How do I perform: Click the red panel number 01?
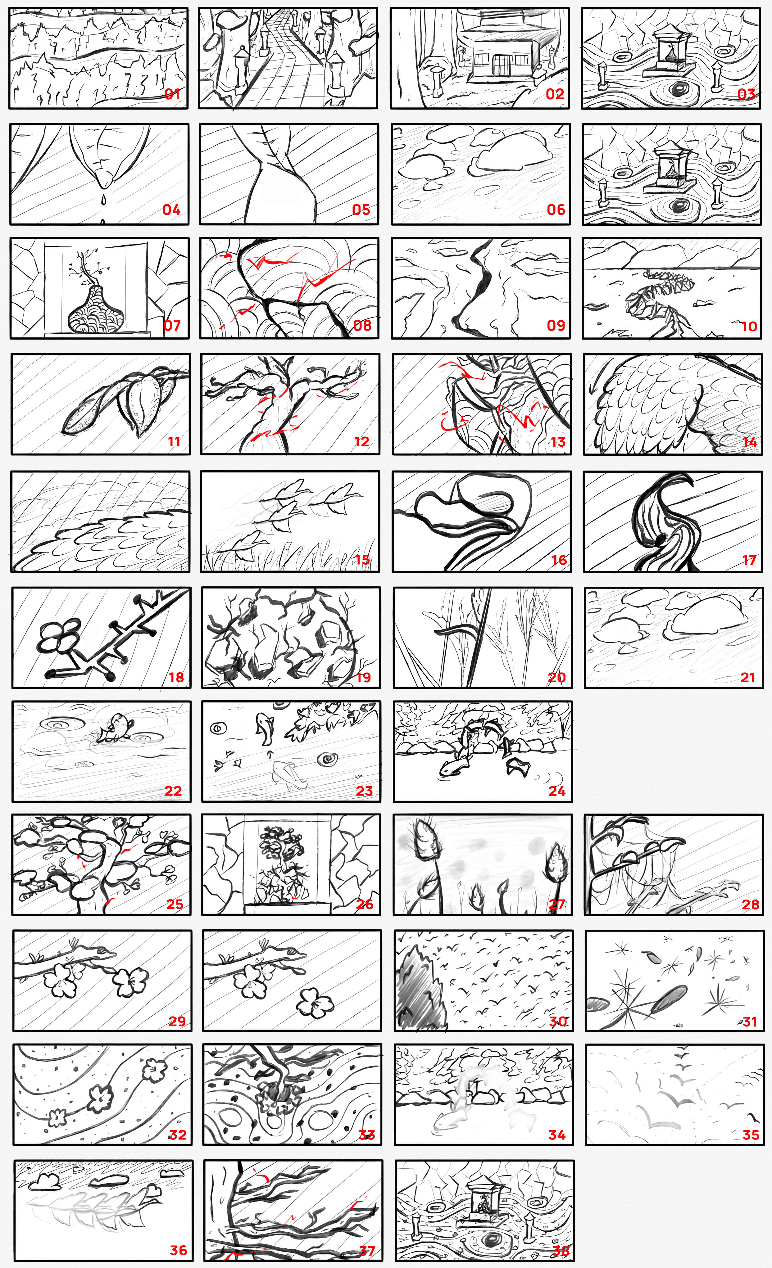(172, 94)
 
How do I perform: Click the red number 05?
(361, 210)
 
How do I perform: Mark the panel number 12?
(362, 441)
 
